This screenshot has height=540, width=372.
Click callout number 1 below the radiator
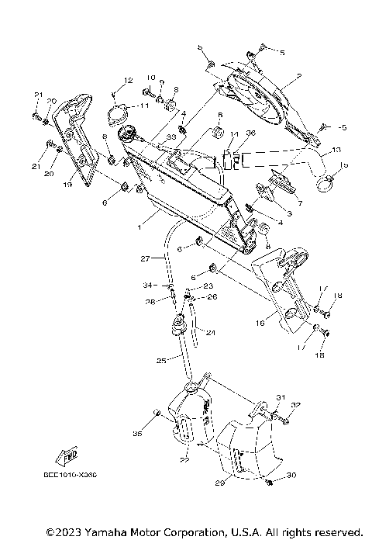coord(138,227)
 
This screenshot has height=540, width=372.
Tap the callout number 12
coord(128,81)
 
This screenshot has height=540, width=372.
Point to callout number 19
coord(67,185)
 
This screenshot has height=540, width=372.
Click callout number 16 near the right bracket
coord(261,319)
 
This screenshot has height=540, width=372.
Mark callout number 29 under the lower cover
coord(219,483)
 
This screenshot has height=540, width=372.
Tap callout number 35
coord(138,432)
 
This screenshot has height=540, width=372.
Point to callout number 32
coord(295,405)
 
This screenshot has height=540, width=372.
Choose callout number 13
coord(336,149)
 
